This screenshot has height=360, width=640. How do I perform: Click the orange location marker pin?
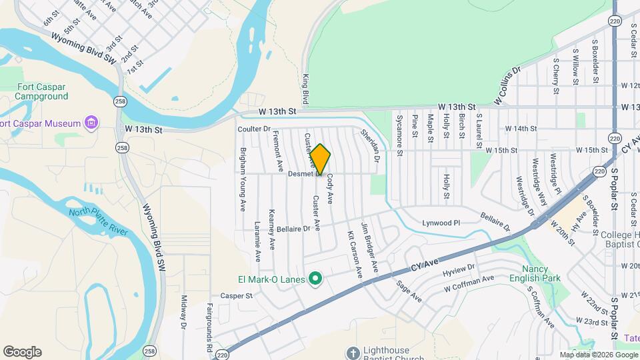click(321, 160)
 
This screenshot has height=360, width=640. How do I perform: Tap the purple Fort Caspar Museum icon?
click(91, 123)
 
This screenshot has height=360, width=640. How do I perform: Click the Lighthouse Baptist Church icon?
click(353, 351)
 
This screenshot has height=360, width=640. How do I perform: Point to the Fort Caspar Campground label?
click(43, 91)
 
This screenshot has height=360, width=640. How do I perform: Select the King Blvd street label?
click(305, 89)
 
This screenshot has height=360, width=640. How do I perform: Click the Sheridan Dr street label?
click(370, 146)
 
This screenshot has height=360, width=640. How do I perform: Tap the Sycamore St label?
click(399, 135)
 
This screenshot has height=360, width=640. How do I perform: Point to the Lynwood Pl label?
click(441, 223)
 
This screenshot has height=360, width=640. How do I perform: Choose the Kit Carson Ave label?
click(353, 255)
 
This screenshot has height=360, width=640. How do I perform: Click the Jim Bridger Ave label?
click(370, 247)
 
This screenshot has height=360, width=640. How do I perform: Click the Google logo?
click(22, 352)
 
